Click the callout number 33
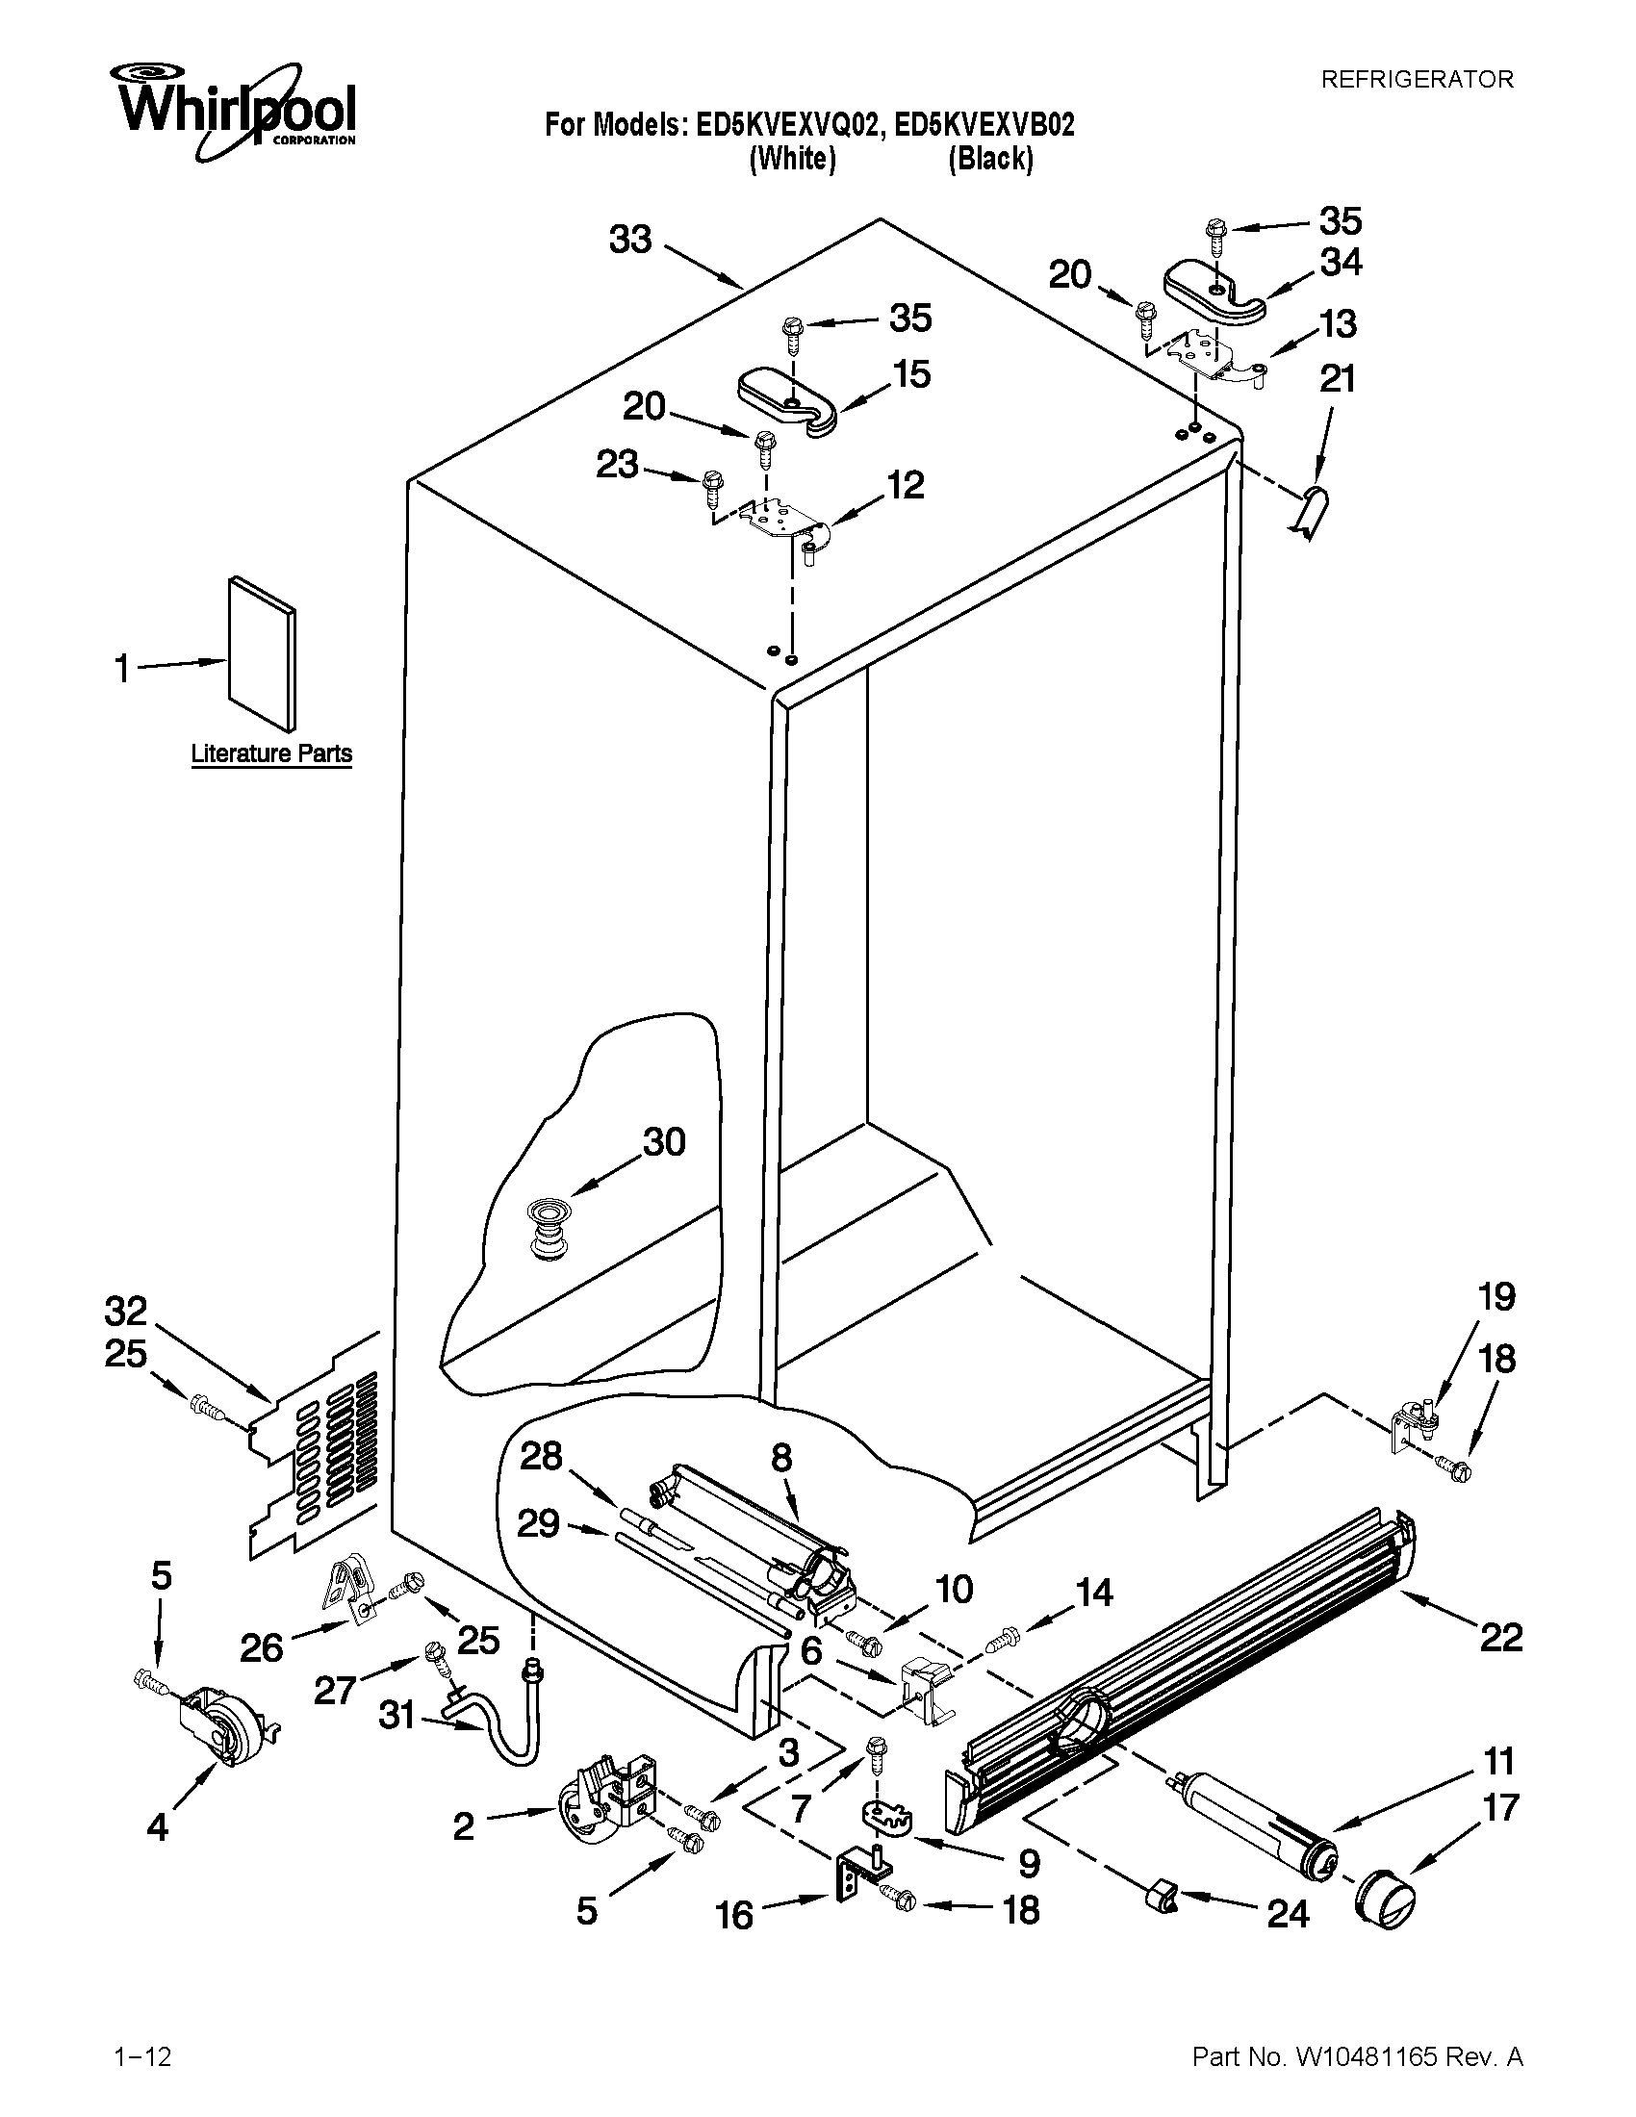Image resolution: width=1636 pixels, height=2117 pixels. pos(630,240)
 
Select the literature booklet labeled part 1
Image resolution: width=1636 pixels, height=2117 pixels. pos(262,652)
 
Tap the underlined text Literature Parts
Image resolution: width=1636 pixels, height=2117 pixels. pos(271,753)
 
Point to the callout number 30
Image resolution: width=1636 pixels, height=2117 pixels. pos(664,1142)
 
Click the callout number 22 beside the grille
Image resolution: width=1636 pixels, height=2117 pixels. pos(1500,1638)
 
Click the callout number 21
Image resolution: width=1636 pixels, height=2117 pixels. pos(1338,378)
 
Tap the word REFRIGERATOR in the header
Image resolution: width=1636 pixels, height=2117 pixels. pos(1417,80)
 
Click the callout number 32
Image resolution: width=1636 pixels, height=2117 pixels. pos(126,1312)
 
